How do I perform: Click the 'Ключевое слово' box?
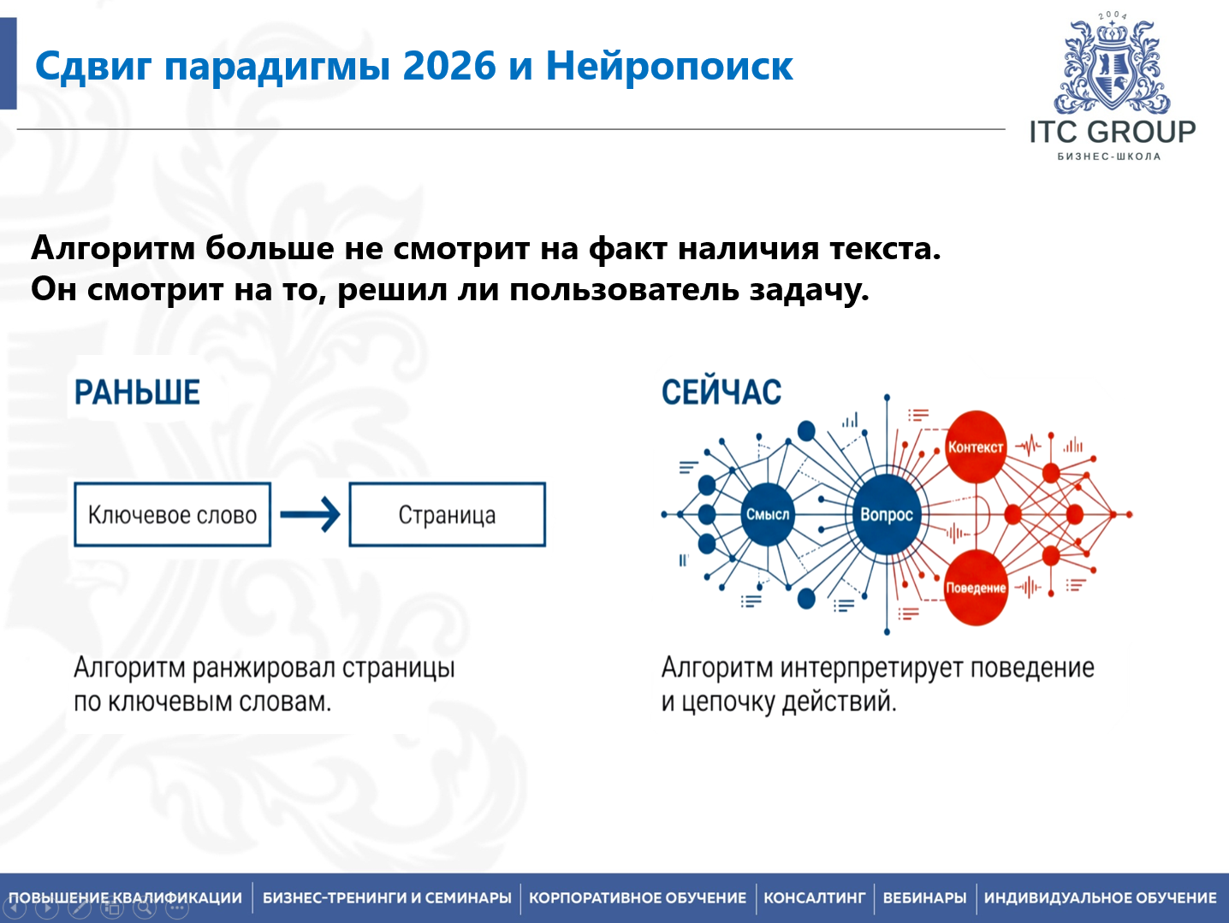tap(172, 515)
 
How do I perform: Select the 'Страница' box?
tap(447, 515)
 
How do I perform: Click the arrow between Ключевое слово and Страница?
tap(310, 514)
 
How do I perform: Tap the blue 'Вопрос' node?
tap(887, 515)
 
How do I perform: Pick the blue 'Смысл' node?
tap(768, 514)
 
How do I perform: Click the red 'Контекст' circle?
tap(975, 447)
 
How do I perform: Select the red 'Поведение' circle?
tap(976, 588)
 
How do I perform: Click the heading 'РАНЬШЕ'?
tap(137, 393)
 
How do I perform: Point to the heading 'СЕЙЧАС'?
tap(721, 393)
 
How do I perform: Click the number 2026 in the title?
tap(449, 67)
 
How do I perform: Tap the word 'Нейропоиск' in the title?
tap(669, 67)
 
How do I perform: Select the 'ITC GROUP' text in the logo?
tap(1112, 132)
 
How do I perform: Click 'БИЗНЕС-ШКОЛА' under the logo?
tap(1109, 157)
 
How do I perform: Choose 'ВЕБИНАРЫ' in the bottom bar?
tap(924, 898)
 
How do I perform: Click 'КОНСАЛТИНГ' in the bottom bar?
tap(814, 898)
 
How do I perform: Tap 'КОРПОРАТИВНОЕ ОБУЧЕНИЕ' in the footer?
tap(638, 898)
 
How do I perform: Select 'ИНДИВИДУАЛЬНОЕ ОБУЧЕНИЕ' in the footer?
tap(1100, 898)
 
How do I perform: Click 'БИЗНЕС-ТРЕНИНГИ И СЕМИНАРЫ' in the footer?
tap(387, 898)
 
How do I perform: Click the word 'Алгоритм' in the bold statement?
tap(113, 249)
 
